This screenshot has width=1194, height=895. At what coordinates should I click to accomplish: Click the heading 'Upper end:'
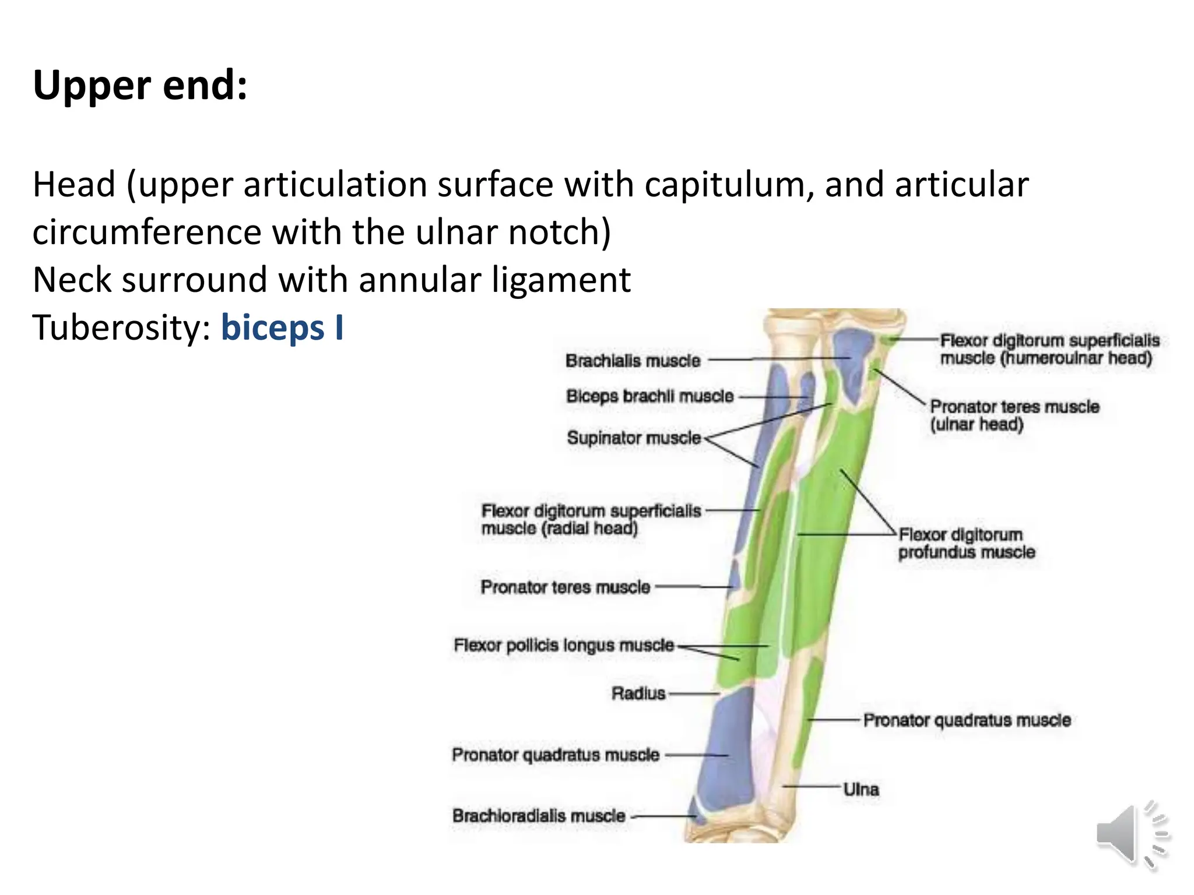point(140,85)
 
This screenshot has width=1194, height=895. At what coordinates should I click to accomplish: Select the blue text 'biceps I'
point(282,327)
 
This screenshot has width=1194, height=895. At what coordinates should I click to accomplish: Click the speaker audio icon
point(1131,834)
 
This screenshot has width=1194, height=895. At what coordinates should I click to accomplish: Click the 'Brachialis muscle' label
point(633,361)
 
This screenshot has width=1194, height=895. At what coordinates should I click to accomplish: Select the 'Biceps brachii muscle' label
point(649,396)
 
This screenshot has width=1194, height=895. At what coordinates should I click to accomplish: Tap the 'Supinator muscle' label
point(634,438)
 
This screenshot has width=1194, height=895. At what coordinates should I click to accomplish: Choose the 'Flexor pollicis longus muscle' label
point(564,645)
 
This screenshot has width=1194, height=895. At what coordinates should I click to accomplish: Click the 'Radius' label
point(638,693)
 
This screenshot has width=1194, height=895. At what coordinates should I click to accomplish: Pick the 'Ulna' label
point(861,790)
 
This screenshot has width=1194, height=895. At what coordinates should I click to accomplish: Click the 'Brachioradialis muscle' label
point(539,816)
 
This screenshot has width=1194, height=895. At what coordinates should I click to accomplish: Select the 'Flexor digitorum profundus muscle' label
point(966,543)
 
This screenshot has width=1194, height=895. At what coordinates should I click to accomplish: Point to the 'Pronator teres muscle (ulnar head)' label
point(1014,415)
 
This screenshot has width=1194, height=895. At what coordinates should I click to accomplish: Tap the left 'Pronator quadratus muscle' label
point(556,755)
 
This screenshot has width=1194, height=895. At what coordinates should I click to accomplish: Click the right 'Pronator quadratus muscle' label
point(967,720)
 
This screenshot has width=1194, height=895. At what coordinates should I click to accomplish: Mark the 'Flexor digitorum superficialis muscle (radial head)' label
point(591,519)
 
